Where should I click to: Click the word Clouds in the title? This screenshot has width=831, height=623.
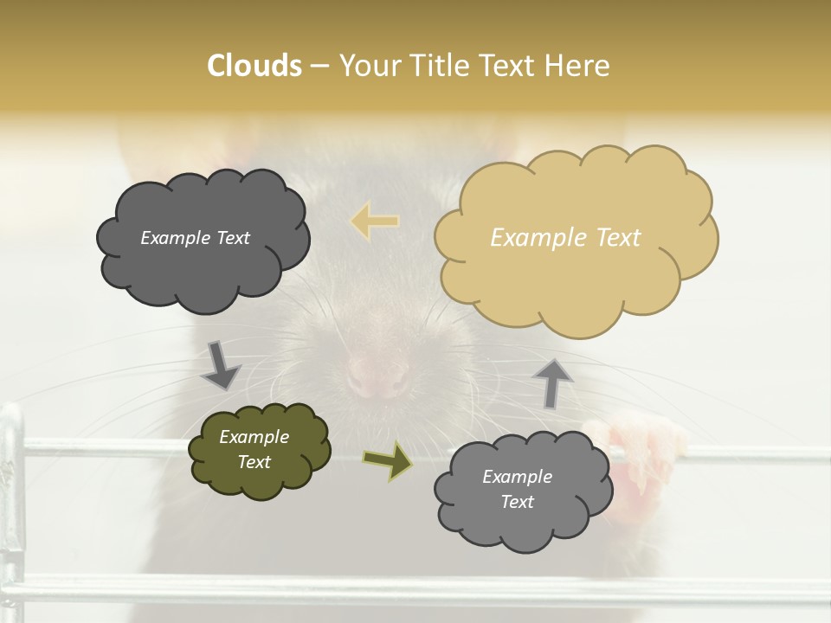pyautogui.click(x=254, y=66)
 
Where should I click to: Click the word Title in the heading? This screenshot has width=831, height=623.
pyautogui.click(x=435, y=66)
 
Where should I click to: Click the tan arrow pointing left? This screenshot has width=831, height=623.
pyautogui.click(x=375, y=221)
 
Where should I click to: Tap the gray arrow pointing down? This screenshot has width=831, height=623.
pyautogui.click(x=221, y=366)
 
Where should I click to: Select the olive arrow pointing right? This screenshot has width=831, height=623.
pyautogui.click(x=387, y=461)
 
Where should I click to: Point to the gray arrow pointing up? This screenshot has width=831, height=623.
pyautogui.click(x=553, y=382)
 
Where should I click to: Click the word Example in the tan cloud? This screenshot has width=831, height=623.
pyautogui.click(x=531, y=238)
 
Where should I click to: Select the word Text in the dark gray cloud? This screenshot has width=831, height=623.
pyautogui.click(x=232, y=238)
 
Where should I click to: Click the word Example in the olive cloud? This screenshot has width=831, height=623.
pyautogui.click(x=254, y=438)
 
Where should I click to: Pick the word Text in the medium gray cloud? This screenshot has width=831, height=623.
pyautogui.click(x=517, y=502)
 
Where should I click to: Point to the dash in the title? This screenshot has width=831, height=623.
pyautogui.click(x=319, y=66)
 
